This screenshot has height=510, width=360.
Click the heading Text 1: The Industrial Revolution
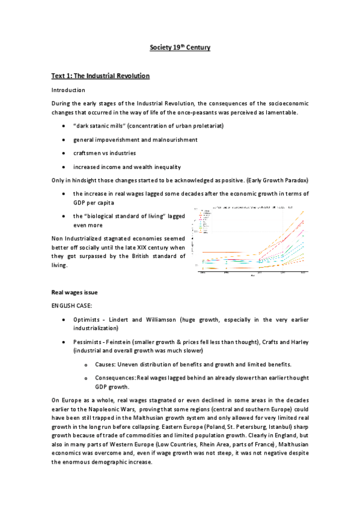(99, 76)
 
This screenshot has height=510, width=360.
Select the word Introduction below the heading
(69, 90)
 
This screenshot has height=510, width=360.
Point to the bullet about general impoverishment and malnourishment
(135, 140)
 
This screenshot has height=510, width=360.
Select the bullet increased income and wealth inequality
(127, 167)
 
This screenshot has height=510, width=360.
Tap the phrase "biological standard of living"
(120, 215)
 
